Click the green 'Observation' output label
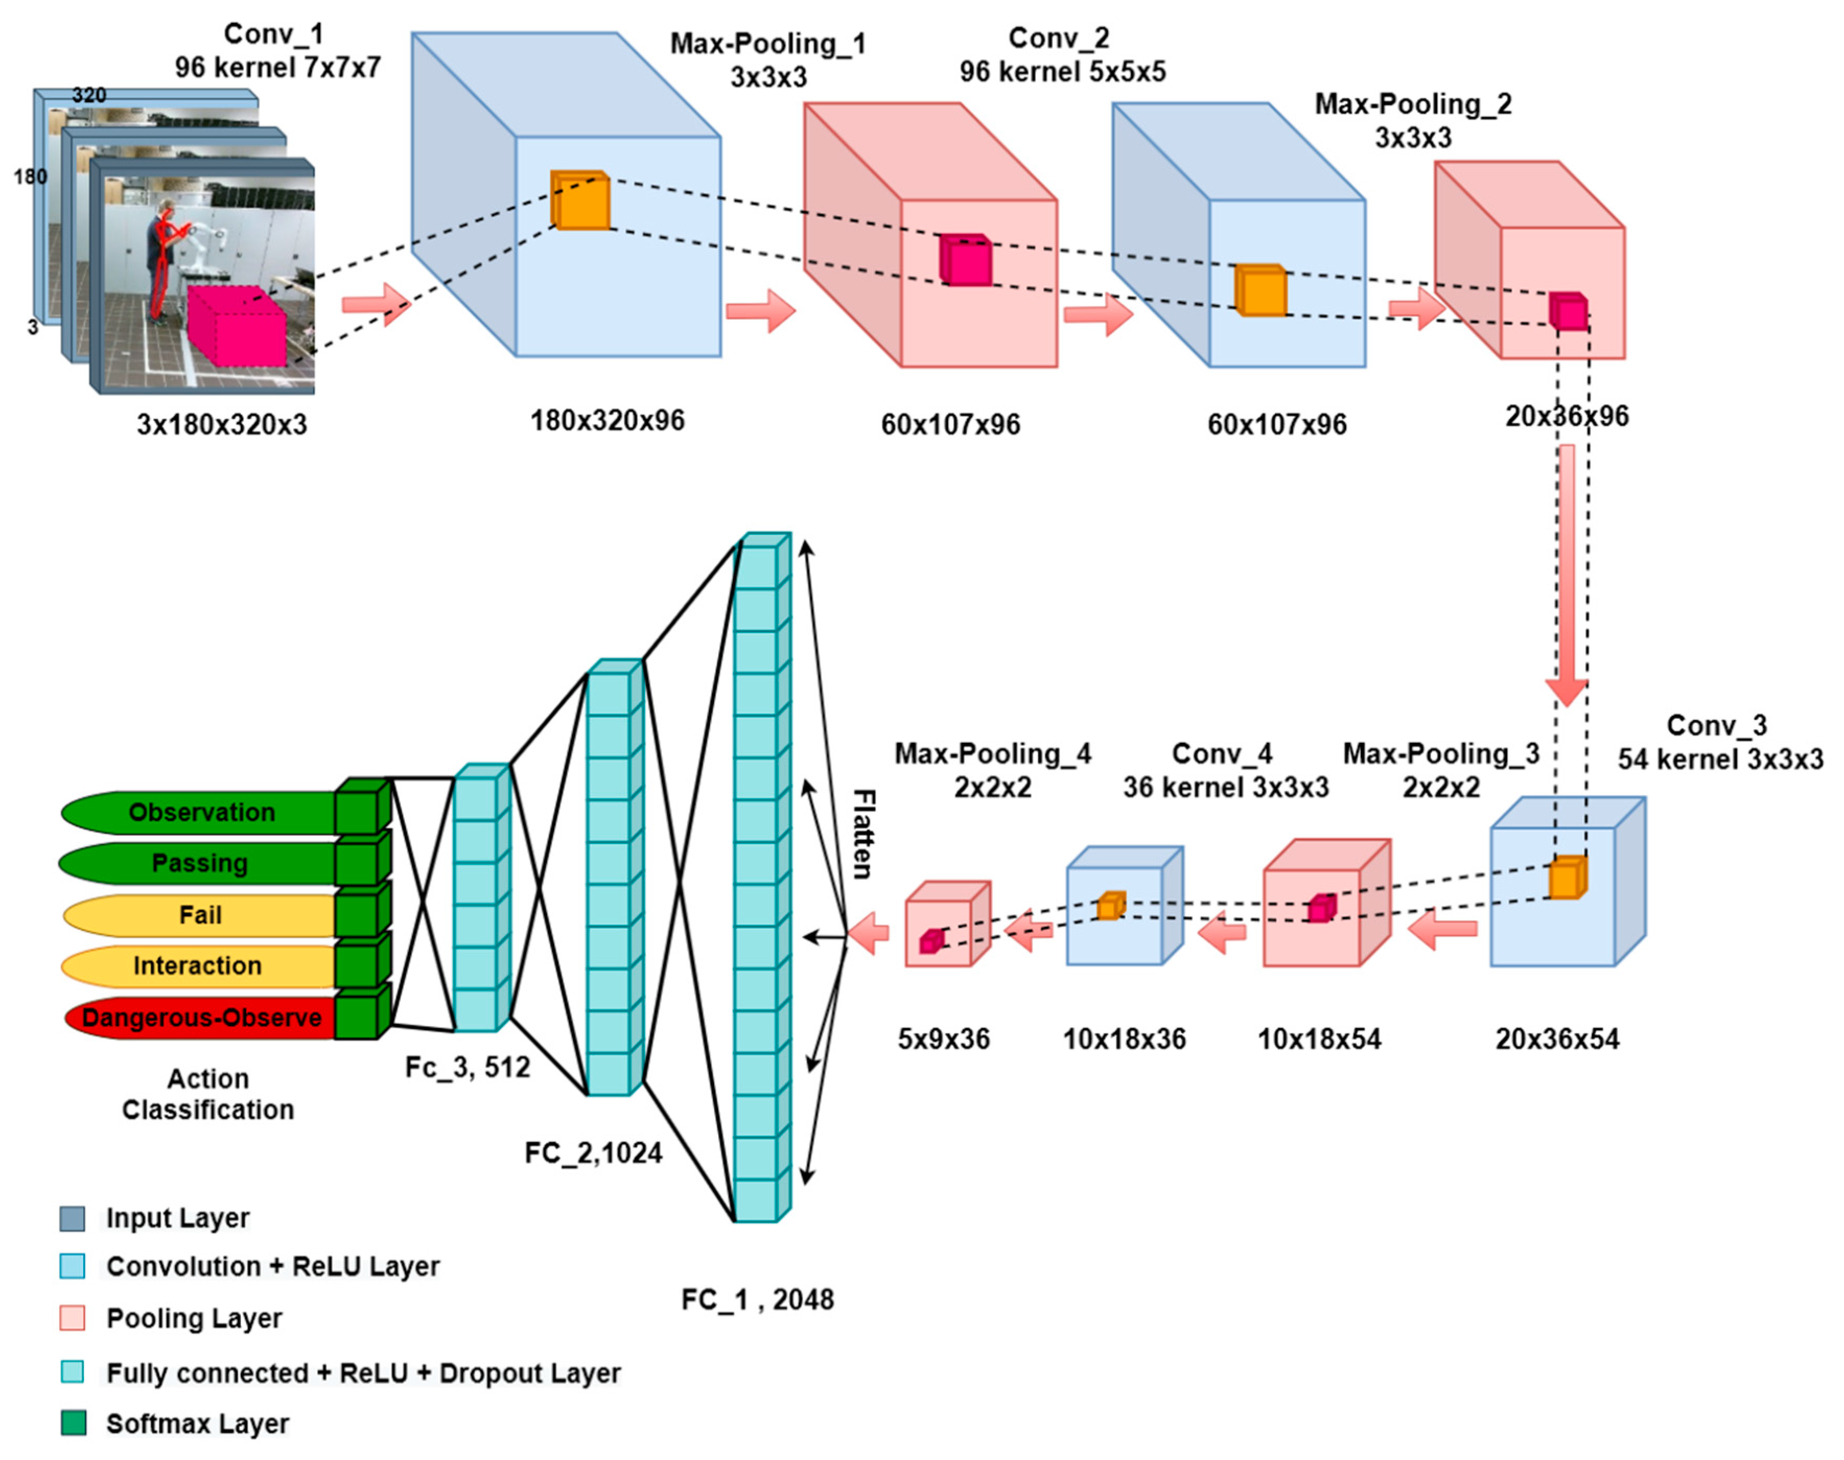201,812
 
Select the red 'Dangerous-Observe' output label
201,1017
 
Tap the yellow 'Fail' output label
200,915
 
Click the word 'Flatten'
863,834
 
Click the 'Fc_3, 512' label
467,1067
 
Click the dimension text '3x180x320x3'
221,424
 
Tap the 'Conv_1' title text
274,34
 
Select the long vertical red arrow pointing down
1566,573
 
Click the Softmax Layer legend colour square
74,1423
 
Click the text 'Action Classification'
208,1094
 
